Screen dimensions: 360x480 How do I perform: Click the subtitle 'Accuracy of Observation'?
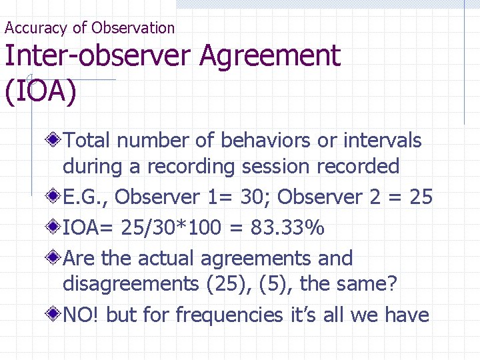click(x=89, y=28)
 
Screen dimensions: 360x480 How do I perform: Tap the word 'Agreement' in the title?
click(x=270, y=56)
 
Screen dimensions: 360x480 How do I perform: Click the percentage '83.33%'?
click(x=287, y=229)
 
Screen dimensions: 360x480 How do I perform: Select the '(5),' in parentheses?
click(x=275, y=284)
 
